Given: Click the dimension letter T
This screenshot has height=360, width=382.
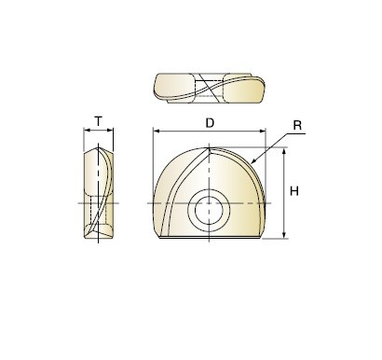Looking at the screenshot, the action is tap(98, 121).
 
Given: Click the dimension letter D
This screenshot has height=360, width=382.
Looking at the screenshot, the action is tap(210, 123).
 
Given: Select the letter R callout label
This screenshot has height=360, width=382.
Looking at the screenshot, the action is tap(297, 125).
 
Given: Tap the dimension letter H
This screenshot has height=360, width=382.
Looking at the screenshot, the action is tap(294, 191).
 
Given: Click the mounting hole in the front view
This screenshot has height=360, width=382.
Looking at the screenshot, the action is tap(209, 211).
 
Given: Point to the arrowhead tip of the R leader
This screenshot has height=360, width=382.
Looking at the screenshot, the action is tap(251, 163).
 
